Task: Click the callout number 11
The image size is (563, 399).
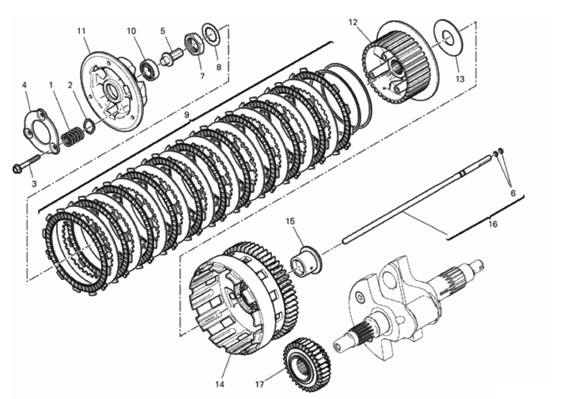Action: [81, 32]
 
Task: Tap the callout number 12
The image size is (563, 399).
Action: [353, 22]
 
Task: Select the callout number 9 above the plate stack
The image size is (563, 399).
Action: [186, 115]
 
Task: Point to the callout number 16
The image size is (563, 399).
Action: [493, 224]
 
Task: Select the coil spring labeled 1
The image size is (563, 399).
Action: [72, 137]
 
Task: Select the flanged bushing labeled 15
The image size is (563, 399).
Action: [306, 263]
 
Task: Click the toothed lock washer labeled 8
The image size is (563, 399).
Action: [212, 35]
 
